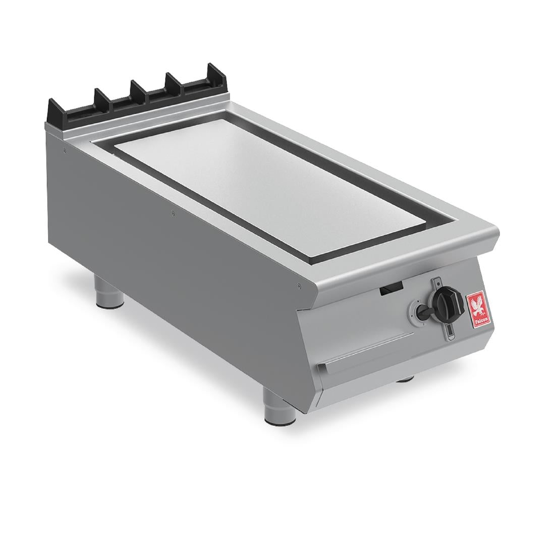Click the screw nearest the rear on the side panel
[65, 150]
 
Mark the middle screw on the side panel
[172, 211]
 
